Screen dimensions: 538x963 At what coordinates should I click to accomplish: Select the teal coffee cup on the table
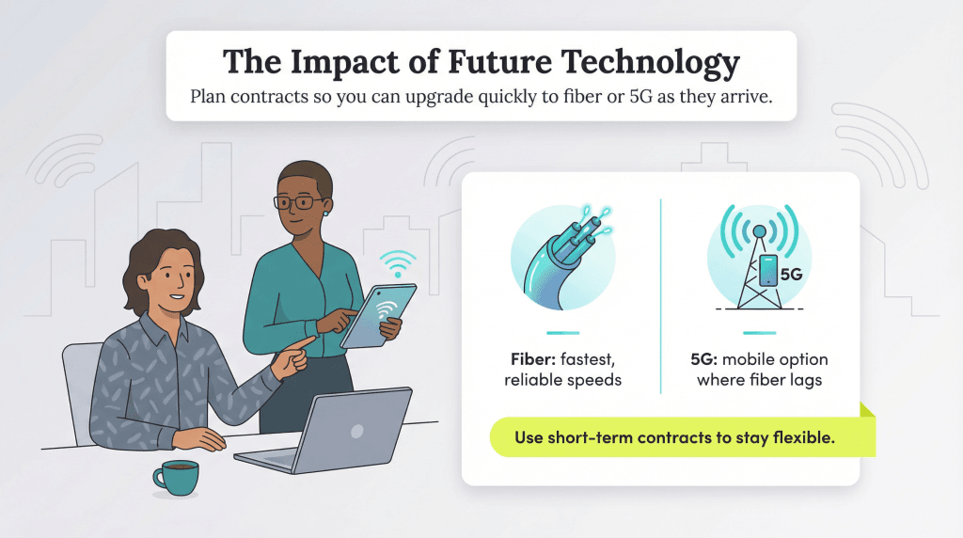pyautogui.click(x=175, y=477)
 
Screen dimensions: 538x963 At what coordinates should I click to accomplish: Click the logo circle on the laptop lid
pyautogui.click(x=356, y=431)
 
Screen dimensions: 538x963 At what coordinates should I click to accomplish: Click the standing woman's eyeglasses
pyautogui.click(x=298, y=201)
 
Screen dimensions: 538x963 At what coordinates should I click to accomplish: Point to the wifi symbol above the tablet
pyautogui.click(x=398, y=261)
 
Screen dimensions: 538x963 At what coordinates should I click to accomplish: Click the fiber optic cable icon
pyautogui.click(x=562, y=256)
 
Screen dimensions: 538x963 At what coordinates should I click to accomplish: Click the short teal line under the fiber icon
pyautogui.click(x=562, y=332)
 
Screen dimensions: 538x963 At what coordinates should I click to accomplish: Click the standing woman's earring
pyautogui.click(x=324, y=213)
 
